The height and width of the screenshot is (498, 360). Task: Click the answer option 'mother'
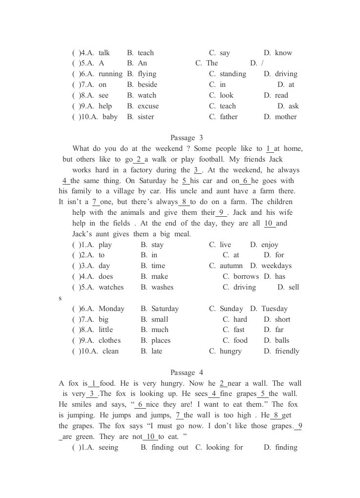286,117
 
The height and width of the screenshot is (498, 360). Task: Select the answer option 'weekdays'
276,266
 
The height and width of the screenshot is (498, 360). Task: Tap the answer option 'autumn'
231,266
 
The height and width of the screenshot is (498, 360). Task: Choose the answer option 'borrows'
246,277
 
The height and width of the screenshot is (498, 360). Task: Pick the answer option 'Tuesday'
275,309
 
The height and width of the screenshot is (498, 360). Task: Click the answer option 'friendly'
287,352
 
